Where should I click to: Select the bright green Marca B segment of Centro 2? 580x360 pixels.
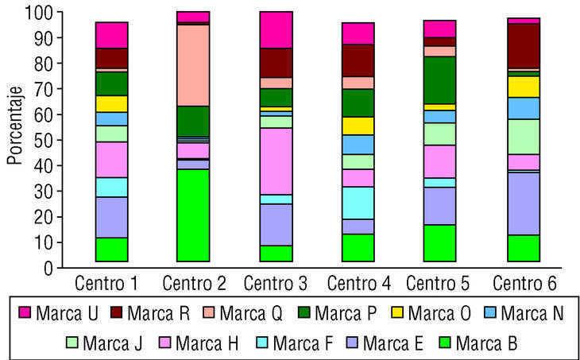193,215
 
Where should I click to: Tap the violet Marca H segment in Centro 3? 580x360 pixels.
276,161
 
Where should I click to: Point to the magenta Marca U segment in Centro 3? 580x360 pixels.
276,29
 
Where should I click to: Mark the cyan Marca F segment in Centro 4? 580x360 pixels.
358,203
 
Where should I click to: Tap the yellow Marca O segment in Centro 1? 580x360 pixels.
111,103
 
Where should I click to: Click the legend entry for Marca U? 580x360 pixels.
56,313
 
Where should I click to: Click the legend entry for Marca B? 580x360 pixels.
468,343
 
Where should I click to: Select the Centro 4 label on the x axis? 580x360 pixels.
358,284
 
